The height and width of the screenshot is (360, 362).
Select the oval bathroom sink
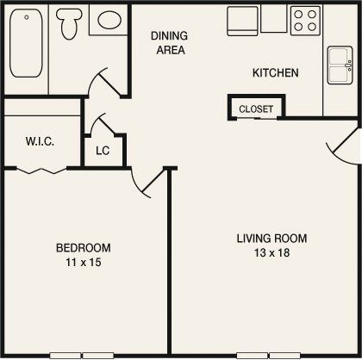109,21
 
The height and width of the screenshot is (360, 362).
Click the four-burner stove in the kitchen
304,19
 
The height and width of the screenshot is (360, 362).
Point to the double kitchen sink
339,62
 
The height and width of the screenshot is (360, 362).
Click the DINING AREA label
168,42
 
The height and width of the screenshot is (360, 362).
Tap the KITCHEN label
275,73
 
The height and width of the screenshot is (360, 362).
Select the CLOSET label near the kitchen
256,109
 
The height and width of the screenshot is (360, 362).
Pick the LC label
103,151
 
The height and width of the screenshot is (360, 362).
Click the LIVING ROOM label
272,239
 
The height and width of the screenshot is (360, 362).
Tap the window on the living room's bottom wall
268,355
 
